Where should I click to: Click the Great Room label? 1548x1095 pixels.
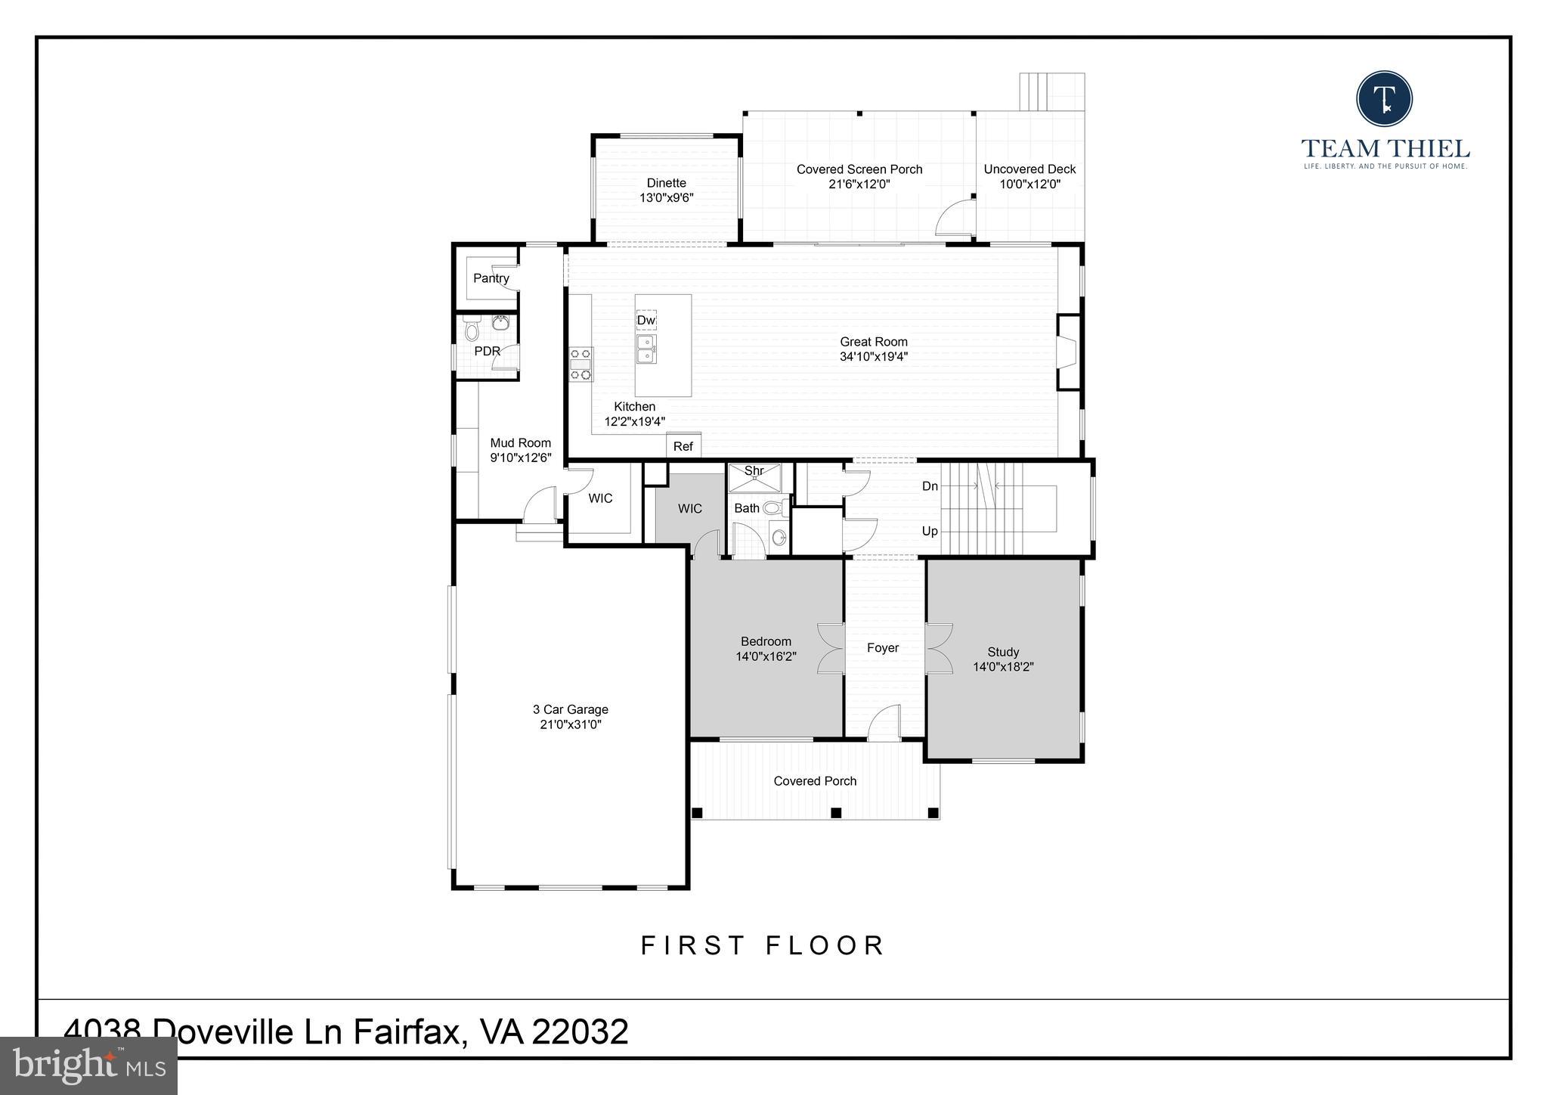(873, 342)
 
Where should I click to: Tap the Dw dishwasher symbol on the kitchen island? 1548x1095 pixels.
(646, 321)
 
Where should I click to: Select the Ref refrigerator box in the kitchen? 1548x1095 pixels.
(683, 446)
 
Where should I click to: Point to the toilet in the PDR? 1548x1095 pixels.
(472, 330)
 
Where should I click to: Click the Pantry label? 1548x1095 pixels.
(491, 278)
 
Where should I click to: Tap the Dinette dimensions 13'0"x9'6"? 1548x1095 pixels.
(666, 198)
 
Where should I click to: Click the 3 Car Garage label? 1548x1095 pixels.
(570, 709)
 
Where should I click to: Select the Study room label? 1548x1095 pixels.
(1003, 652)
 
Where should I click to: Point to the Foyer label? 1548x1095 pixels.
(882, 648)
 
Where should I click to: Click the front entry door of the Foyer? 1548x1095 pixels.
(884, 724)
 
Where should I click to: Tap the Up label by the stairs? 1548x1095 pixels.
(930, 532)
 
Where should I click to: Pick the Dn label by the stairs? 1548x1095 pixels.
(930, 486)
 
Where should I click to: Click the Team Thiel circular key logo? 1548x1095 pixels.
(1384, 99)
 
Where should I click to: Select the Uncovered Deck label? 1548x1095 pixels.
(1029, 169)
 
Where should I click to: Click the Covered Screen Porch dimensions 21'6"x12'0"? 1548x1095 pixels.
(859, 184)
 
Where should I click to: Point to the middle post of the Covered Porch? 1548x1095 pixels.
(836, 813)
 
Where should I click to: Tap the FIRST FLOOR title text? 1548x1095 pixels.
(763, 945)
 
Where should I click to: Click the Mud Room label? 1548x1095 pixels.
(520, 443)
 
